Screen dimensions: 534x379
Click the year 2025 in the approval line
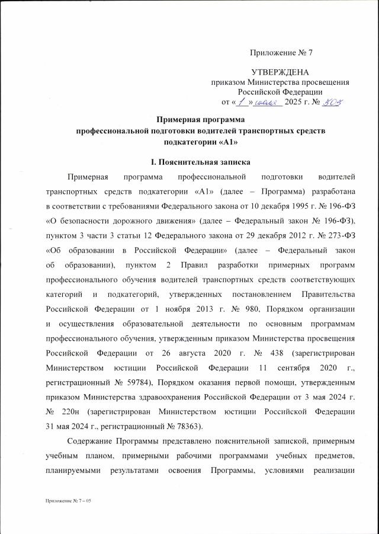click(295, 102)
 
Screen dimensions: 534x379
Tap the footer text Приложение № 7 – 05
click(66, 501)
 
